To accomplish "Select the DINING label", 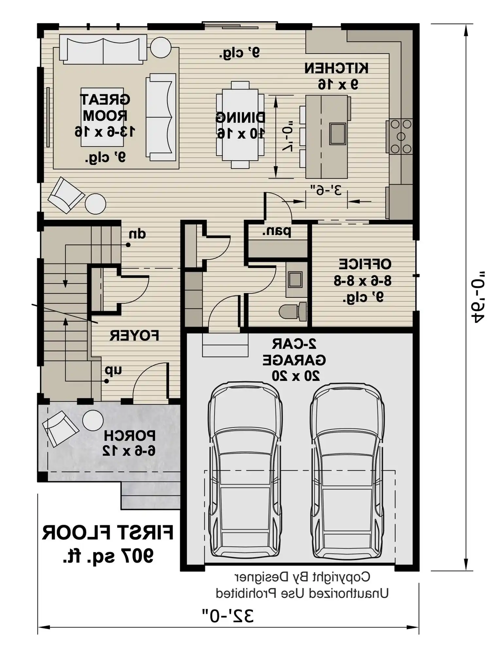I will (x=240, y=118).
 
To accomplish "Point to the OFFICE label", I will (x=364, y=264).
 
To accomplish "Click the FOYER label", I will (x=134, y=335).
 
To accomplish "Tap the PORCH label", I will (x=130, y=436).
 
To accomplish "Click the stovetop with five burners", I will (x=400, y=136).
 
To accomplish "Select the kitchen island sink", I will (x=337, y=134).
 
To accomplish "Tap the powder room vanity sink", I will (x=295, y=279).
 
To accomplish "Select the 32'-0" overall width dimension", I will (x=228, y=616).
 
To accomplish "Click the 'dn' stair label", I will (x=137, y=234).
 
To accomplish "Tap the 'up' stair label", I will (x=113, y=370).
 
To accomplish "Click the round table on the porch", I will (x=93, y=420).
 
